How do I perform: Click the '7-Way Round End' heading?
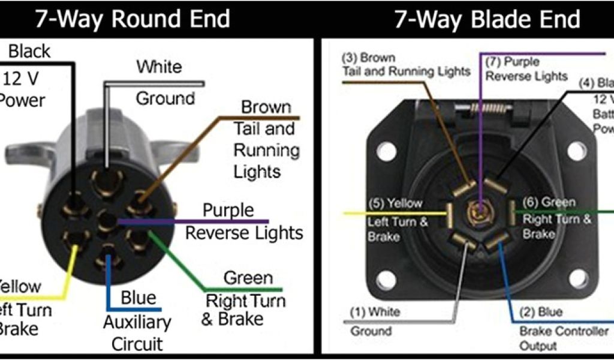tap(132, 19)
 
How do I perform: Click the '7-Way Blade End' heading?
tap(487, 19)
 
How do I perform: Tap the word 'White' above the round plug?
tap(159, 67)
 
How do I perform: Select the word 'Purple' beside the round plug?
tap(228, 211)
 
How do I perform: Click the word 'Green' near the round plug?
tap(248, 278)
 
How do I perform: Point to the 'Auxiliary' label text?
tap(137, 322)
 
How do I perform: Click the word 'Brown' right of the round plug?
tap(266, 107)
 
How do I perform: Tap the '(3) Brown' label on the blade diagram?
tap(369, 58)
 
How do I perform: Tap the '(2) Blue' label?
tap(540, 312)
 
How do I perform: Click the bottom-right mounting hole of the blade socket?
tap(577, 278)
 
